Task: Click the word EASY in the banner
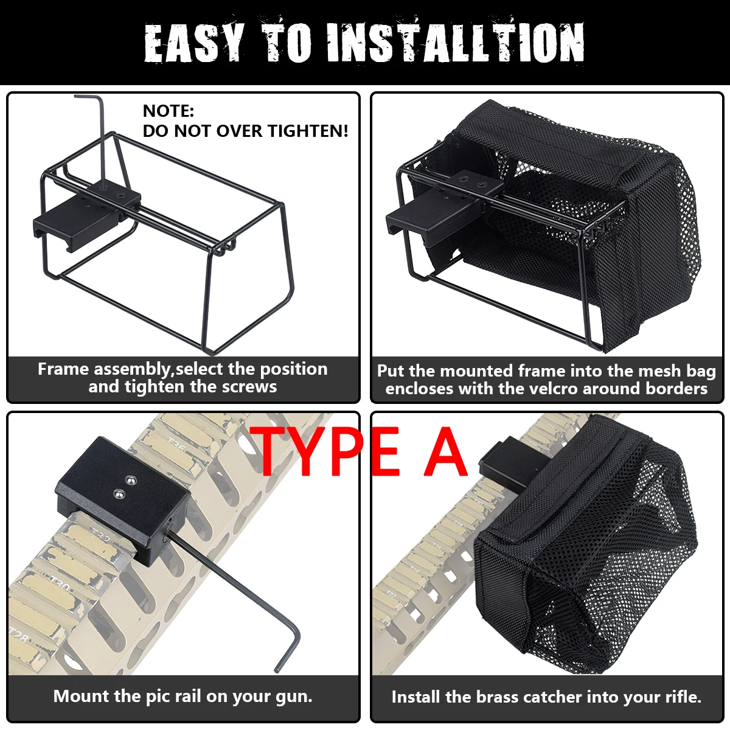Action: (x=194, y=43)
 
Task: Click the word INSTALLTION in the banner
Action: (x=456, y=43)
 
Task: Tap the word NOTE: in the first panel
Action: (x=168, y=111)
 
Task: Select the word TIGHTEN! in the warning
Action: (x=308, y=131)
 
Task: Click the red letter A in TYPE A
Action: (x=445, y=451)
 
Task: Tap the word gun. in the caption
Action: (x=294, y=697)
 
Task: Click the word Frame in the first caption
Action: (x=64, y=369)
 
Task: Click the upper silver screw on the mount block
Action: (x=130, y=479)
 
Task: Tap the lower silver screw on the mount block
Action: (x=119, y=493)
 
